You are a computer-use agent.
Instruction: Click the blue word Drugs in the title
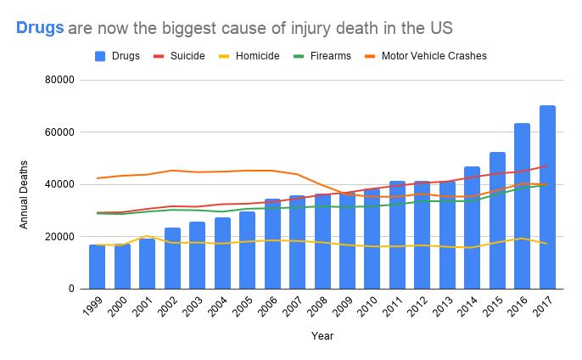click(x=40, y=28)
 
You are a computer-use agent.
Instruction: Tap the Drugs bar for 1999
click(x=98, y=267)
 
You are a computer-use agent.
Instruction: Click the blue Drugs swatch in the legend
click(x=101, y=56)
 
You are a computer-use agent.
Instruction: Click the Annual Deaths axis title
click(x=25, y=194)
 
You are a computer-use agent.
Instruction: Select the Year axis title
click(x=322, y=336)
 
